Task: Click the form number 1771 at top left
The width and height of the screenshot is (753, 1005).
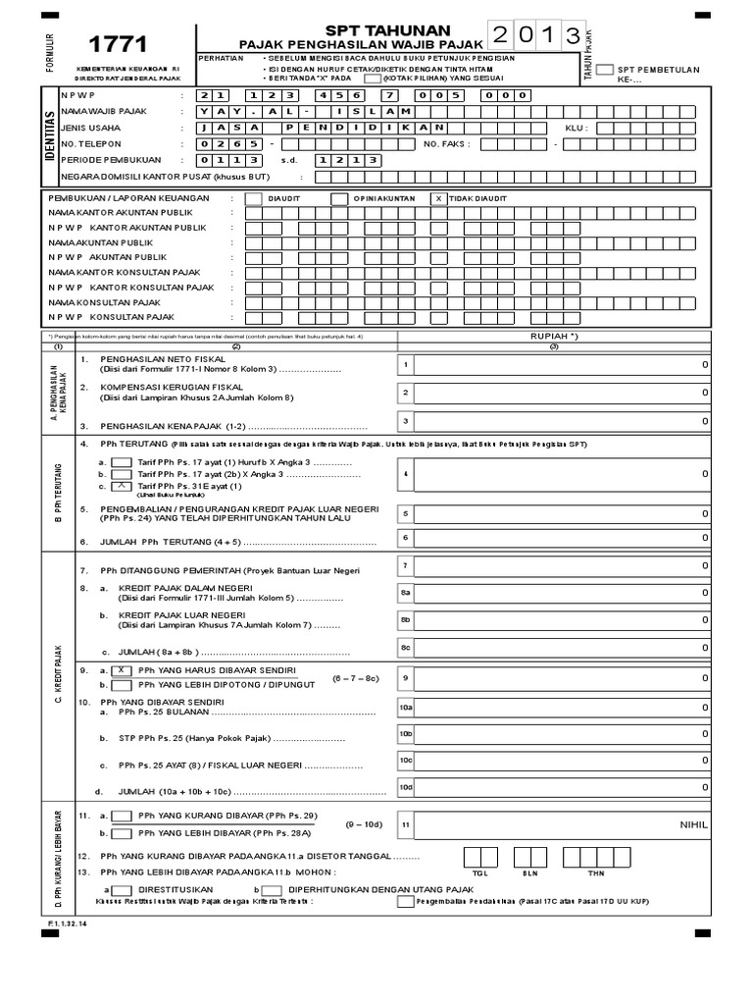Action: (x=118, y=44)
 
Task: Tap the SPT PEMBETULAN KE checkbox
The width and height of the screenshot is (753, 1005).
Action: (x=606, y=70)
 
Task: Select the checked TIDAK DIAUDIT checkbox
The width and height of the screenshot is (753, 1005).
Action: (x=437, y=197)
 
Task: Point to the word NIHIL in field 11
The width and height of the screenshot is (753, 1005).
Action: (x=693, y=825)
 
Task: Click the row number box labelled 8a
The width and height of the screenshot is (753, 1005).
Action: (x=404, y=593)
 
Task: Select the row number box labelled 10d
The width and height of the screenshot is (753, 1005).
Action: (x=405, y=786)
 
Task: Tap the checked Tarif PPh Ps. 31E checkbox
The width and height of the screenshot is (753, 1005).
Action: (x=123, y=486)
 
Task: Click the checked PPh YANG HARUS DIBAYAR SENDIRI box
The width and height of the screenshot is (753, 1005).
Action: (x=123, y=669)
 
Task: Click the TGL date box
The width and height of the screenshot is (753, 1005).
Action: (x=479, y=857)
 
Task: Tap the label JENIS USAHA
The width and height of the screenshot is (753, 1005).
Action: (x=84, y=127)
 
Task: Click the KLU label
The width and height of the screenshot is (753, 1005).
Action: (x=577, y=128)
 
